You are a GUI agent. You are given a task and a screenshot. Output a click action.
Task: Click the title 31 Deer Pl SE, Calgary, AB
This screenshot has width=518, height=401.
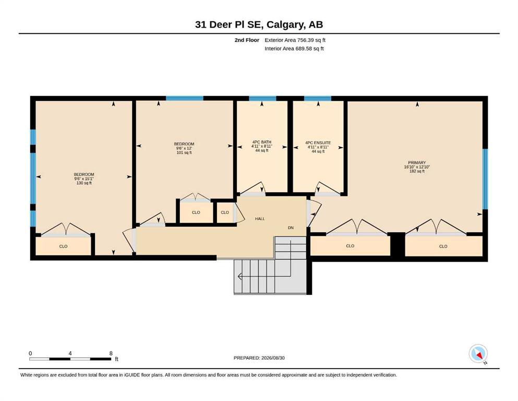point(259,25)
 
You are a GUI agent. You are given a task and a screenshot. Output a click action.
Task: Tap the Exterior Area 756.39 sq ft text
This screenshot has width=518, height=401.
point(295,40)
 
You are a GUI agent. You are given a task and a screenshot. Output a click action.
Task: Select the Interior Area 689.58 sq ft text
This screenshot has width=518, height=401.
point(294,49)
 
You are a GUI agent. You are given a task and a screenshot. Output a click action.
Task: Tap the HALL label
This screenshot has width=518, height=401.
point(260,219)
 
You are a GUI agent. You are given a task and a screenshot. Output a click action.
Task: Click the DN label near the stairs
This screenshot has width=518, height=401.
point(291,228)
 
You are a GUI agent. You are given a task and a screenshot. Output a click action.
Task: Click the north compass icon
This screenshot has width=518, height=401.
point(478,353)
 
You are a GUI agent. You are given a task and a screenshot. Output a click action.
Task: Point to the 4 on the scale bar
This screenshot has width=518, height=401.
point(70,353)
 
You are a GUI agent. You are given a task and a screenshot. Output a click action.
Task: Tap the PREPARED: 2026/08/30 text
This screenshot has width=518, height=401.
point(259,358)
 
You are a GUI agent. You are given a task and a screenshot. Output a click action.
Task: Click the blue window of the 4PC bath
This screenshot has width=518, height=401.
point(262,99)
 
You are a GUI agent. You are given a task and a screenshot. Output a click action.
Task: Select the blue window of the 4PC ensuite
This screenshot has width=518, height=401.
point(318,99)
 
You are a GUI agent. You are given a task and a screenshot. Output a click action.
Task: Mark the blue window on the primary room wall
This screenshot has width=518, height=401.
point(485,179)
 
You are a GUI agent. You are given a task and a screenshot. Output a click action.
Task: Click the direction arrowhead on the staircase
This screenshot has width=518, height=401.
point(239,276)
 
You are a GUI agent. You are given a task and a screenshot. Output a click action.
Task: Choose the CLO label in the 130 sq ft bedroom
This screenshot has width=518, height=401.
point(63,246)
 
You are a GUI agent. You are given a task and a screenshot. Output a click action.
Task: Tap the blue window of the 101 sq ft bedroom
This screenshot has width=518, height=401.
point(184,99)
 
